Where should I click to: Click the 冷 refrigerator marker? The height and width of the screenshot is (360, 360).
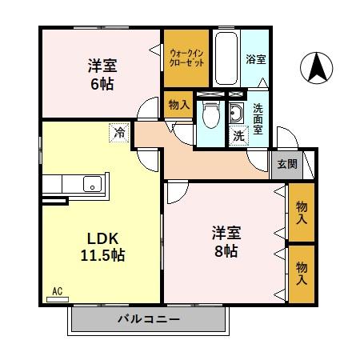tap(118, 133)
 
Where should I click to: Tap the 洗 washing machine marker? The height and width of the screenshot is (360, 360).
tap(239, 136)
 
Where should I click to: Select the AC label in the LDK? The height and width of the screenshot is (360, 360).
tap(56, 290)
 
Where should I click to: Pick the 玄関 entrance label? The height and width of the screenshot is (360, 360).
tap(286, 164)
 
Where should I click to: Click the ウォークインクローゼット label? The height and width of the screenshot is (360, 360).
tap(186, 58)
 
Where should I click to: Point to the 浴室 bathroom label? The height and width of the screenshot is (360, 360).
tap(255, 58)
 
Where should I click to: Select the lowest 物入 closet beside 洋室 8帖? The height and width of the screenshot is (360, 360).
tap(301, 272)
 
